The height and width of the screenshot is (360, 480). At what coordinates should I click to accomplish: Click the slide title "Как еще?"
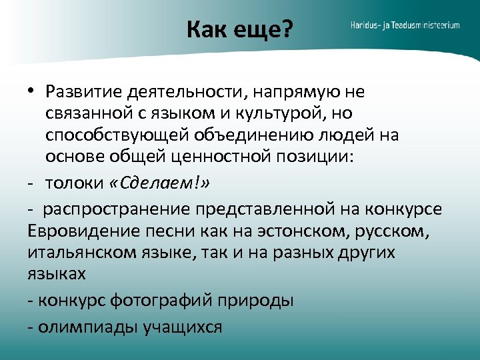(239, 29)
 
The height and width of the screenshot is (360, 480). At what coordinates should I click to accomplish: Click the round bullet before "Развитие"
(31, 91)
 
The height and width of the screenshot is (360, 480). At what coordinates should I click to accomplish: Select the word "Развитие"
(84, 91)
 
